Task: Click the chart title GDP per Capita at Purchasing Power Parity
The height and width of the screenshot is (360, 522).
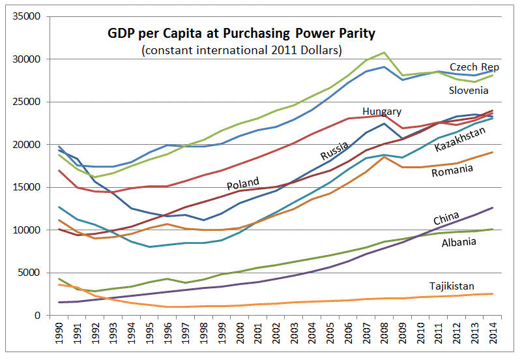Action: [x=241, y=34]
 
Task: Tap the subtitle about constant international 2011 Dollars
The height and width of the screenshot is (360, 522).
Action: [x=242, y=50]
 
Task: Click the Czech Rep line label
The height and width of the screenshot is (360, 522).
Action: [x=474, y=67]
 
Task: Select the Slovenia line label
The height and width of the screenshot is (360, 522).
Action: [x=469, y=90]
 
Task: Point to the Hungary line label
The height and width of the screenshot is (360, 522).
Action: [x=382, y=112]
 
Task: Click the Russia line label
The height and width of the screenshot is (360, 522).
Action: [x=334, y=151]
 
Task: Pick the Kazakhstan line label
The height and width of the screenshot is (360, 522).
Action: [x=459, y=139]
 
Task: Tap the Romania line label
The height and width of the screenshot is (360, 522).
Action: [x=452, y=170]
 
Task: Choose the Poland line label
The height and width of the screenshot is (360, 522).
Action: [x=242, y=183]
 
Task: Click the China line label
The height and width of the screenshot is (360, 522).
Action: [x=446, y=218]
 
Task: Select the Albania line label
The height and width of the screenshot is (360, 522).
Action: [x=459, y=242]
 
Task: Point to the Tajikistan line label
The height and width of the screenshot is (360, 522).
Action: [x=452, y=286]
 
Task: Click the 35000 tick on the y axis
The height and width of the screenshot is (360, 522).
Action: [x=26, y=16]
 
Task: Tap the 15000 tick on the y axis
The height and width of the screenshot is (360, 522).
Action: [x=26, y=187]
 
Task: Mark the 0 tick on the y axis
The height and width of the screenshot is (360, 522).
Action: [x=37, y=316]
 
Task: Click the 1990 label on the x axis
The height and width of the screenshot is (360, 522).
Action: [x=59, y=333]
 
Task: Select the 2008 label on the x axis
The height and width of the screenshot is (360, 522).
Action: [x=384, y=333]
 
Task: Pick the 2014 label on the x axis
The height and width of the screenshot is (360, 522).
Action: [x=493, y=333]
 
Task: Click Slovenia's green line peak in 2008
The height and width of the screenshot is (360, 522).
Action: [x=384, y=52]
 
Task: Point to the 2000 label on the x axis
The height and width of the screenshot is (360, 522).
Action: [x=240, y=333]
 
